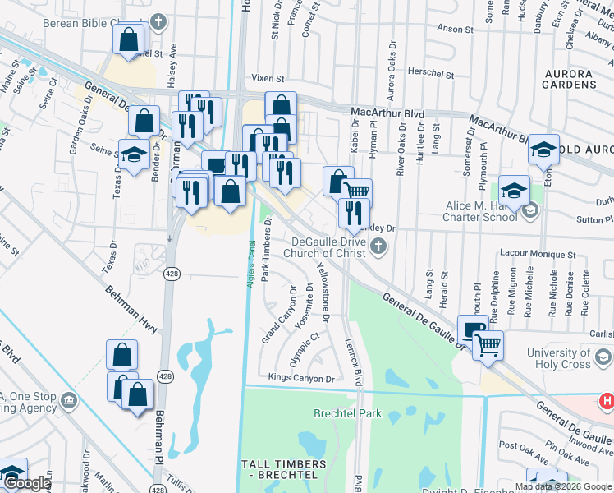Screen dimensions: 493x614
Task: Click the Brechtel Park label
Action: (347, 413)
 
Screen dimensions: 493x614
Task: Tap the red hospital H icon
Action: (607, 401)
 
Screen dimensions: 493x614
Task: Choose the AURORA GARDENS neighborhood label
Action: (581, 79)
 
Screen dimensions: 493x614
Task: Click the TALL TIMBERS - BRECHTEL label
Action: (284, 470)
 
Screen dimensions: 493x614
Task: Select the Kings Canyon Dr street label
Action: (302, 379)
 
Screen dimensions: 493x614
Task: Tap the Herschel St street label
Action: (432, 74)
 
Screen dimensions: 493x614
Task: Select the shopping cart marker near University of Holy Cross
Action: (488, 345)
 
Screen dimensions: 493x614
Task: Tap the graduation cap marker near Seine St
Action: (134, 154)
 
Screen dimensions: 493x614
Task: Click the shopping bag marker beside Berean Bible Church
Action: (129, 40)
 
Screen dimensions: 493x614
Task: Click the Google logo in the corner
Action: (26, 484)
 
